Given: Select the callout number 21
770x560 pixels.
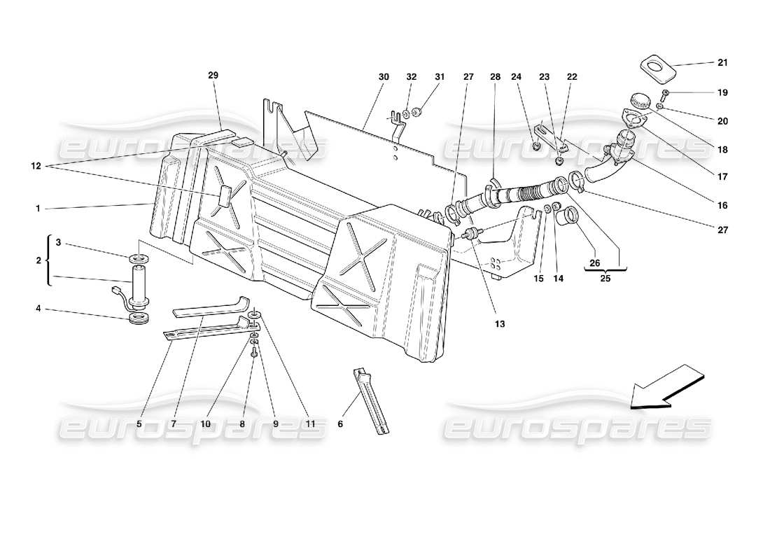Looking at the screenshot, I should (x=722, y=62).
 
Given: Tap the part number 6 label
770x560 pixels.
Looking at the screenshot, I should (x=340, y=423).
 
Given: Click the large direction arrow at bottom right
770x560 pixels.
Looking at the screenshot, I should (x=665, y=386).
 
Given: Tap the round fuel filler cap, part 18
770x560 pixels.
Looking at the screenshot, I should (x=638, y=100).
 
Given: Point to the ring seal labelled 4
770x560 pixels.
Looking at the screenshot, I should (x=141, y=321).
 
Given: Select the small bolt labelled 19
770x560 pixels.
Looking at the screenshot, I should (x=664, y=92).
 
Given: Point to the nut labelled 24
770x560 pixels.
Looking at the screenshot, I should (x=535, y=146).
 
